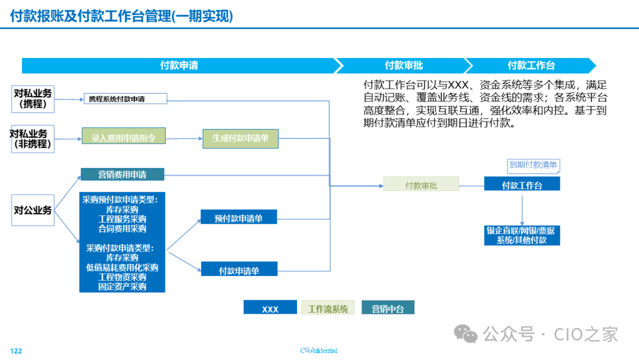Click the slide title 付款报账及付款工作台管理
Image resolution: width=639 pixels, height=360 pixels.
(x=121, y=17)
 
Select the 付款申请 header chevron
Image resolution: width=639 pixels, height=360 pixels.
(x=179, y=66)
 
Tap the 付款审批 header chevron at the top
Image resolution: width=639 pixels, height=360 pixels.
(x=404, y=66)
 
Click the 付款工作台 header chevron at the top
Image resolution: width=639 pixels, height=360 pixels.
(x=531, y=66)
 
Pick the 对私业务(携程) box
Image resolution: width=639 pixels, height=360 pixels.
(x=33, y=99)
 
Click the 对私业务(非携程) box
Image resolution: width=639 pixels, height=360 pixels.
(x=33, y=139)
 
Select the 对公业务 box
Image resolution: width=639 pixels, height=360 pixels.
(x=33, y=210)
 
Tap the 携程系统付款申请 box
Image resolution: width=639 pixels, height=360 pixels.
(x=125, y=99)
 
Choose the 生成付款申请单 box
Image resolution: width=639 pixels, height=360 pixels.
(x=240, y=139)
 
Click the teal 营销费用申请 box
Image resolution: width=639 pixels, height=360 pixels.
(x=122, y=174)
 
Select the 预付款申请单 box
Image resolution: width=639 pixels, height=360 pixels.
(x=238, y=217)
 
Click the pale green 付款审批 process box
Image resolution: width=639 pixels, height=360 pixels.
(x=421, y=185)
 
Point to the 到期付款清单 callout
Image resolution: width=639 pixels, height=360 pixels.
(x=533, y=165)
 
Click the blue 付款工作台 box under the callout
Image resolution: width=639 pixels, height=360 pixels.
(x=522, y=185)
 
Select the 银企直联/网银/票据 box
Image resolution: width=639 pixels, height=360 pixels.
(x=521, y=235)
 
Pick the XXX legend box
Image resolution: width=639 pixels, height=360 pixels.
(x=270, y=308)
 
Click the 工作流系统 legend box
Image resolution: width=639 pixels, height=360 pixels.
(x=328, y=308)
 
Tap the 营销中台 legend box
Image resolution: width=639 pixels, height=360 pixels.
(x=388, y=308)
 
